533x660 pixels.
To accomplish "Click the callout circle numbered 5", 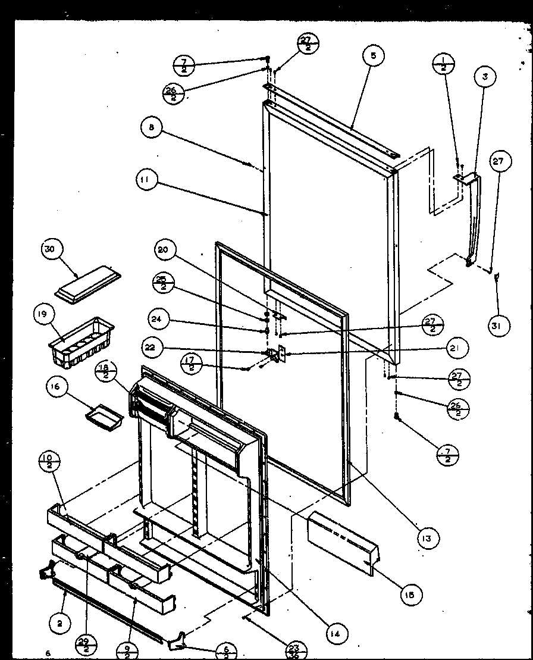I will click(373, 57).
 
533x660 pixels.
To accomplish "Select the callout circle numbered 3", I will click(485, 77).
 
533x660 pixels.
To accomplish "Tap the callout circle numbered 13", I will click(427, 538).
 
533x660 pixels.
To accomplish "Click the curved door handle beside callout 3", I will click(474, 220).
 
